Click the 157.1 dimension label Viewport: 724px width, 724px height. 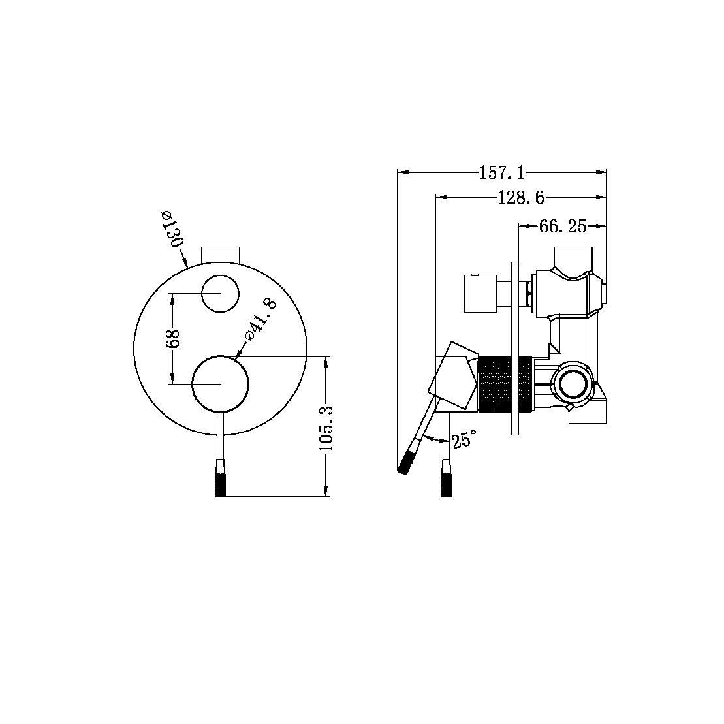coord(501,173)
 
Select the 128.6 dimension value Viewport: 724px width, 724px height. coord(520,197)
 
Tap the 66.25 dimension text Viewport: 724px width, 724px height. coord(562,227)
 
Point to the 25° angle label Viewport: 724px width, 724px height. coord(464,439)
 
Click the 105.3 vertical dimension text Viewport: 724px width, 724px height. coord(327,428)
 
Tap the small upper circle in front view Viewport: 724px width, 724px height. coord(220,294)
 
